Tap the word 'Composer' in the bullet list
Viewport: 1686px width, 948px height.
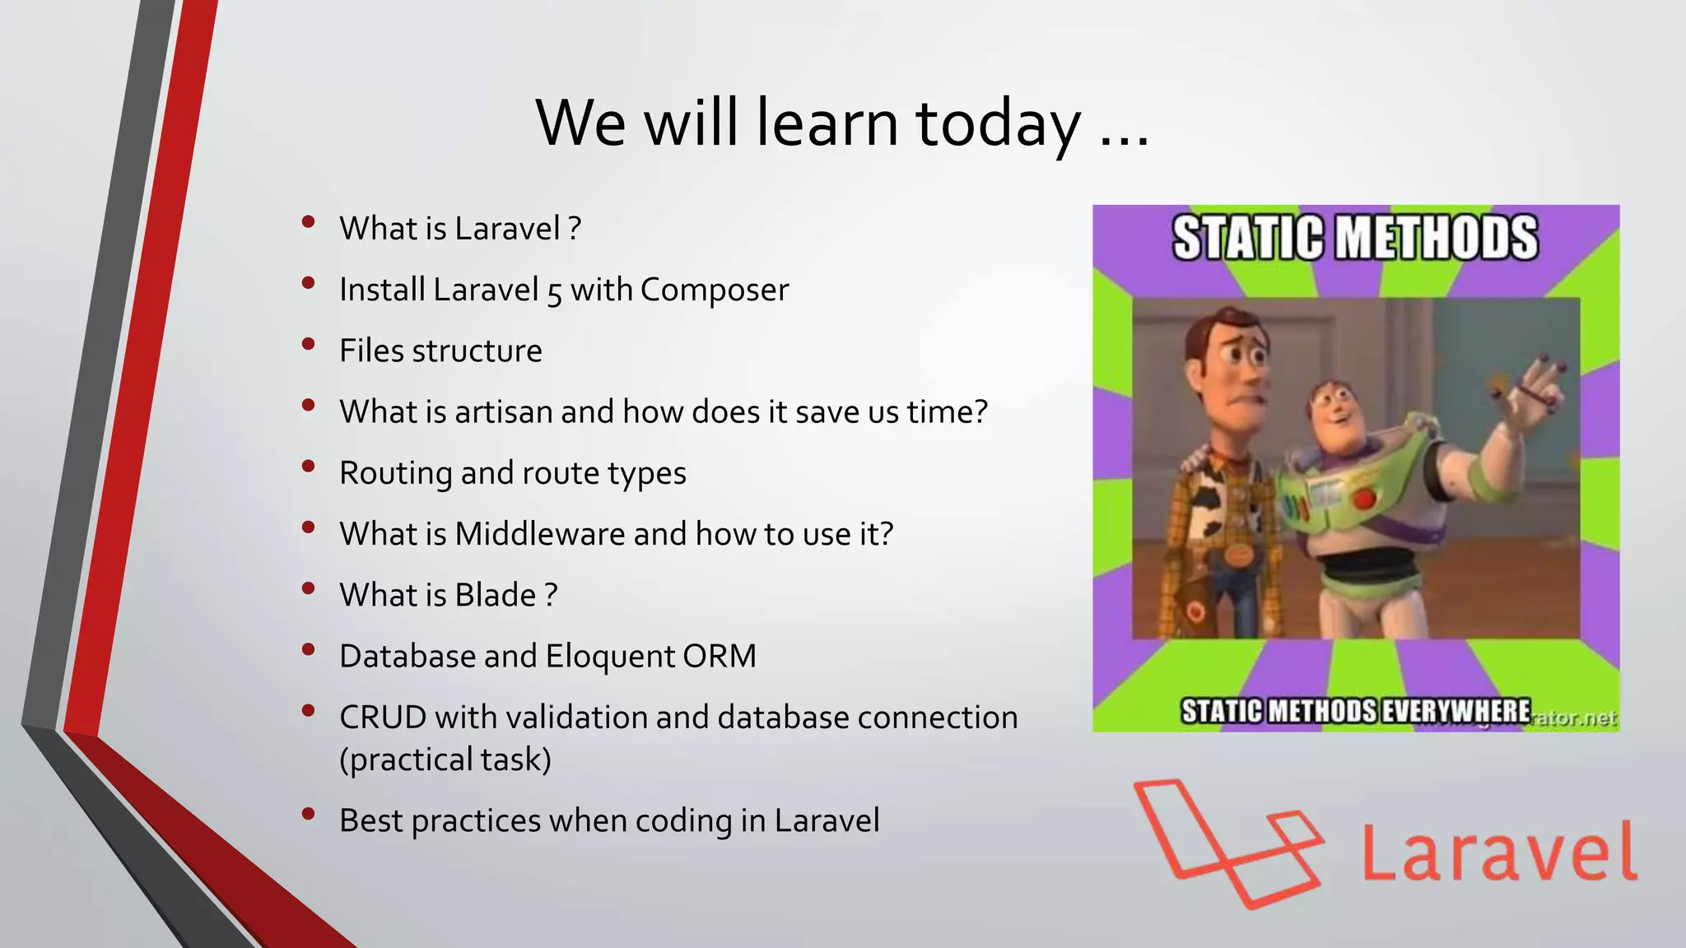pos(715,290)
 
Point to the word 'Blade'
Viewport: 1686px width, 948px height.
pos(496,595)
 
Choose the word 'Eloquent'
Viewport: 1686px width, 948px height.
pos(611,656)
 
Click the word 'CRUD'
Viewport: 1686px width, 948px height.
pos(383,717)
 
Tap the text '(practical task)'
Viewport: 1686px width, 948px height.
pos(445,759)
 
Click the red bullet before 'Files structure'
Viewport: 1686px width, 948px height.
pos(309,344)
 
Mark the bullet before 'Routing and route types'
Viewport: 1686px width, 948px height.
pos(309,466)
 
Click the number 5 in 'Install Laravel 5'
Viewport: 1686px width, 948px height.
pos(554,292)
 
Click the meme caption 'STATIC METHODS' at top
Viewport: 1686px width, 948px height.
pos(1355,238)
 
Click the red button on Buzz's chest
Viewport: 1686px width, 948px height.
pos(1364,499)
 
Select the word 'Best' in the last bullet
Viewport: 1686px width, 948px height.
pos(370,820)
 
